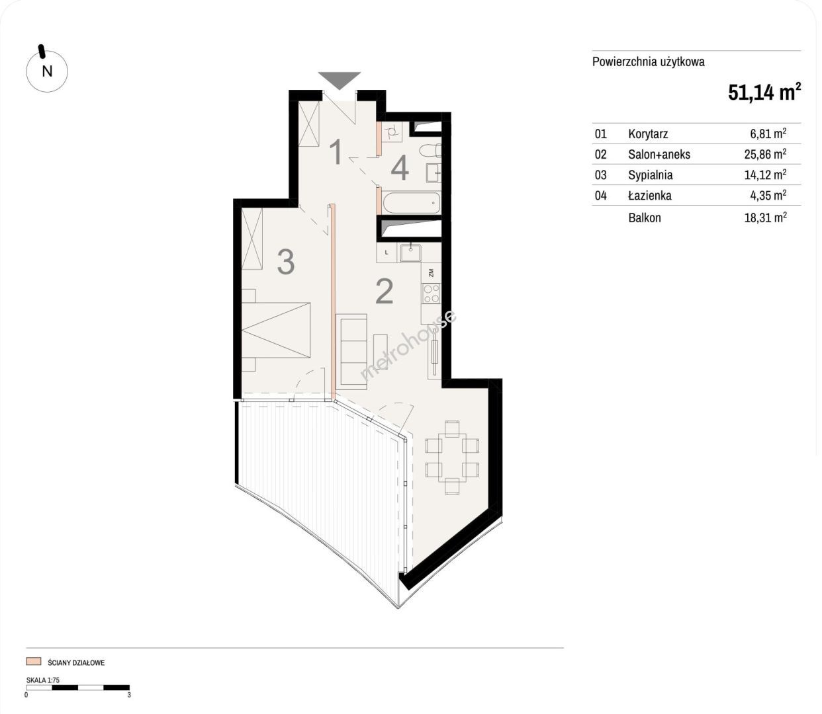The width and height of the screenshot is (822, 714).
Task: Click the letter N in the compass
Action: (x=48, y=71)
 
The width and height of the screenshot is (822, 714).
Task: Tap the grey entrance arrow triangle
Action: (x=340, y=79)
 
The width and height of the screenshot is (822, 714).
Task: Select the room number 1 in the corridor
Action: (x=336, y=151)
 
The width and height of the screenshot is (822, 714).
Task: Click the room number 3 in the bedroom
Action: (x=286, y=262)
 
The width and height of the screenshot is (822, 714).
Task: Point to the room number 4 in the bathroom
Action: (x=400, y=168)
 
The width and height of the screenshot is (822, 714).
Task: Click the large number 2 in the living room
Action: (x=384, y=292)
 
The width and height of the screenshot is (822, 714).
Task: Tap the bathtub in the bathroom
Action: (x=412, y=203)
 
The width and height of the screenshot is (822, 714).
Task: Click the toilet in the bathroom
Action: (x=430, y=151)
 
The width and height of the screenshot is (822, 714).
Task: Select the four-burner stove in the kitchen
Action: (x=431, y=293)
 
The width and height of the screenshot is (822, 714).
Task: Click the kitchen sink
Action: (x=410, y=253)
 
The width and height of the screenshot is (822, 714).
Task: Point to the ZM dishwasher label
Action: (x=431, y=273)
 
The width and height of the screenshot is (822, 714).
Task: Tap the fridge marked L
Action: (x=387, y=253)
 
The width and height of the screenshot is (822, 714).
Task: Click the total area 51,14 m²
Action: (x=764, y=93)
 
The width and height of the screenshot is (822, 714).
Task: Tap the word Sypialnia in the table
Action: (x=651, y=175)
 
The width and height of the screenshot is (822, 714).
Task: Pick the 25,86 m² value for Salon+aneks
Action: (x=765, y=154)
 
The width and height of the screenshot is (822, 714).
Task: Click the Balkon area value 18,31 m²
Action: (x=765, y=217)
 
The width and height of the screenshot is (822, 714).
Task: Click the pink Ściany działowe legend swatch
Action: (x=34, y=661)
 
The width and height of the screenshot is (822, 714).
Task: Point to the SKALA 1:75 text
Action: (x=43, y=680)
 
